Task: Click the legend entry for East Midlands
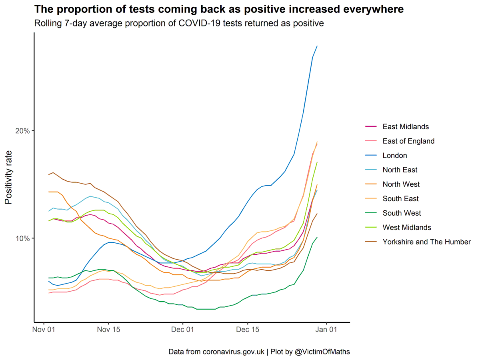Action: click(x=406, y=127)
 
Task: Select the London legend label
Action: click(x=395, y=156)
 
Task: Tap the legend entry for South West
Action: click(x=402, y=213)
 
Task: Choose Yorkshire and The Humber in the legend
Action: click(x=426, y=242)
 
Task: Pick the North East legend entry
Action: click(x=400, y=170)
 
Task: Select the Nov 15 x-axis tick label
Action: click(x=108, y=330)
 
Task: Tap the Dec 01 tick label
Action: click(x=183, y=330)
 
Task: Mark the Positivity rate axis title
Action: click(x=9, y=177)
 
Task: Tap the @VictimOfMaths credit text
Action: click(x=322, y=352)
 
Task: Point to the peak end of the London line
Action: click(x=317, y=46)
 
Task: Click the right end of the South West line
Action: click(x=317, y=237)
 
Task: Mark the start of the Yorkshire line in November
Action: click(x=49, y=174)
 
